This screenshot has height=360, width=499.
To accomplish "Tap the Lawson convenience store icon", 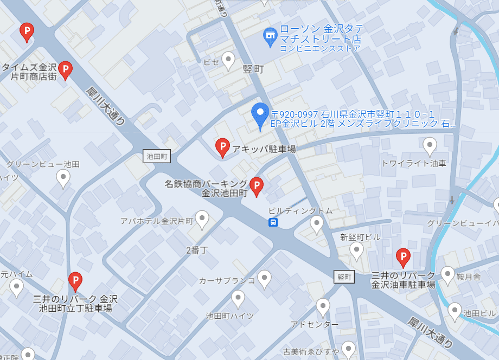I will point(270,37).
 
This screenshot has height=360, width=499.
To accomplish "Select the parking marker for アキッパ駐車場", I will point(222,147).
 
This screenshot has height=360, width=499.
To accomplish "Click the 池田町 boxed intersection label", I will point(157,156).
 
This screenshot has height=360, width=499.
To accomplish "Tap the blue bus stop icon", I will point(273,222).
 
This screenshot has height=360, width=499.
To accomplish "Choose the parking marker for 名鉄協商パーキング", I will point(256,186).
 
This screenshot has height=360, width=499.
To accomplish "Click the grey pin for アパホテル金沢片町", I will point(202,220).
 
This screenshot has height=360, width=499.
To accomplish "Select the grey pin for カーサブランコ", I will point(264,279).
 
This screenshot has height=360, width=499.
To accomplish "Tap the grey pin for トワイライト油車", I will point(430,146).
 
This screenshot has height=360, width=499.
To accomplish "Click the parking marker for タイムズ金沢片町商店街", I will point(66,70).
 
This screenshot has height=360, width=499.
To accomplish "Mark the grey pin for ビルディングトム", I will point(317,223).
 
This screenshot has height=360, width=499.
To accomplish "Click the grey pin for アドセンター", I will point(323,307).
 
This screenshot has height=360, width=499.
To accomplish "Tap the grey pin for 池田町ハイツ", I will point(238,299).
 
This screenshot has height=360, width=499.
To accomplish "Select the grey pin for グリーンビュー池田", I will point(63,178).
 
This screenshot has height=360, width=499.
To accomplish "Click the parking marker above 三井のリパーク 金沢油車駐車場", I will point(403,256).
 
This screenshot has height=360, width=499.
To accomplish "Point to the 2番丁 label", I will point(196,250).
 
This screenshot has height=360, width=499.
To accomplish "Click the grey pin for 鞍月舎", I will point(447,275).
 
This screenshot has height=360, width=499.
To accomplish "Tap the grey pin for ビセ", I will point(228,60).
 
